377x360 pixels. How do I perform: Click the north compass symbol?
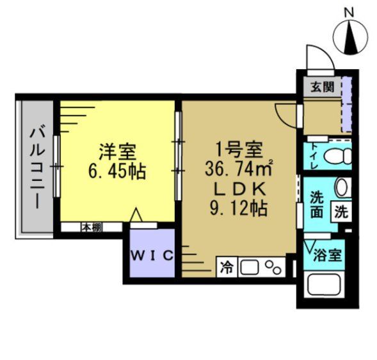click(349, 38)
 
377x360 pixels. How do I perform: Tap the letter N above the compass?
click(349, 12)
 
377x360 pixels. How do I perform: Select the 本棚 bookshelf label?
click(90, 227)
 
